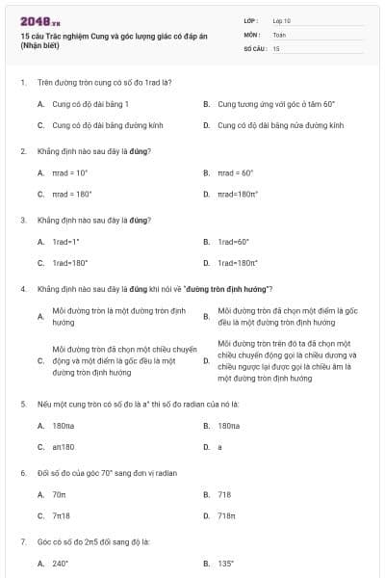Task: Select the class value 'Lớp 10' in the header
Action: point(281,19)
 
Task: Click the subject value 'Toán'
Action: point(279,34)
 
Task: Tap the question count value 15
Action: point(276,47)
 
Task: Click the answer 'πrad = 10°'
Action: point(70,172)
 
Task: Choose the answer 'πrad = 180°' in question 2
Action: point(72,194)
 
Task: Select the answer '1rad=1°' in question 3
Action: point(66,242)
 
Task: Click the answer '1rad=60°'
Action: point(233,242)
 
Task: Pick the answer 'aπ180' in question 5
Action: point(64,447)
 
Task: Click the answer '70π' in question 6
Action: point(59,494)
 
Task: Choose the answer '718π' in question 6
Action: point(227,515)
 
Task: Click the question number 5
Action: point(23,404)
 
